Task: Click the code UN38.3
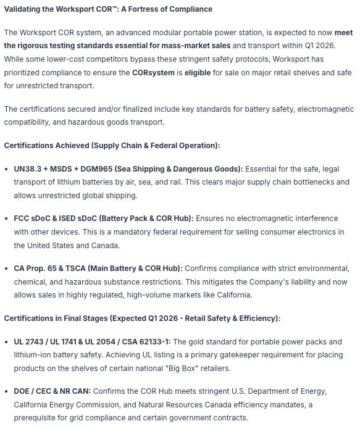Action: coord(29,169)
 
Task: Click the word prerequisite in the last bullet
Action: coord(40,418)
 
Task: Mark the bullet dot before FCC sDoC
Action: coord(7,219)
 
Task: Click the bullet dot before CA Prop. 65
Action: coord(7,269)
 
